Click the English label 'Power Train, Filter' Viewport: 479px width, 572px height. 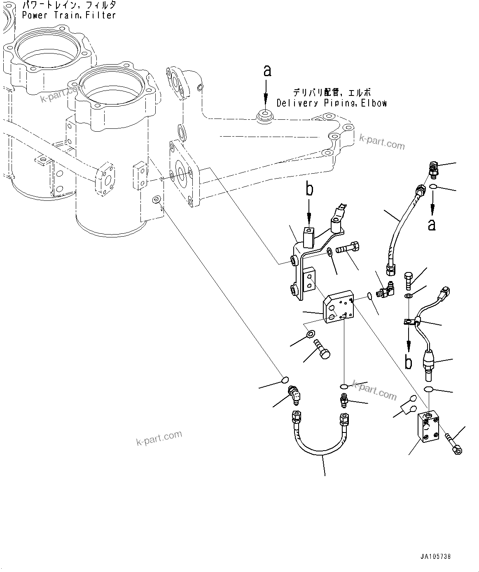(69, 15)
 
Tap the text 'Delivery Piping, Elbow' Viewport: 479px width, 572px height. (332, 103)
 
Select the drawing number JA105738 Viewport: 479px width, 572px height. (435, 556)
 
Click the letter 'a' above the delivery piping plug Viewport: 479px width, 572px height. (267, 71)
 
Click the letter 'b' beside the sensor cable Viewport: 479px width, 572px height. (408, 362)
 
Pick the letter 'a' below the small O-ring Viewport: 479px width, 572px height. (431, 225)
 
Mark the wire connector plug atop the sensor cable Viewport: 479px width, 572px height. (445, 293)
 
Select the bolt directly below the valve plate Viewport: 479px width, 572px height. (322, 349)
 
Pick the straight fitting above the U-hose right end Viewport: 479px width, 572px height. (343, 400)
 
